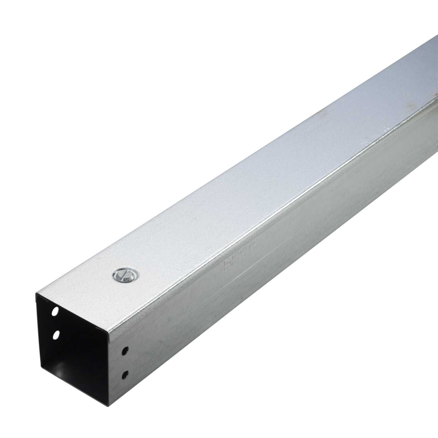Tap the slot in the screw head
pos(124,275)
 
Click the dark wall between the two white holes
pos(55,323)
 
